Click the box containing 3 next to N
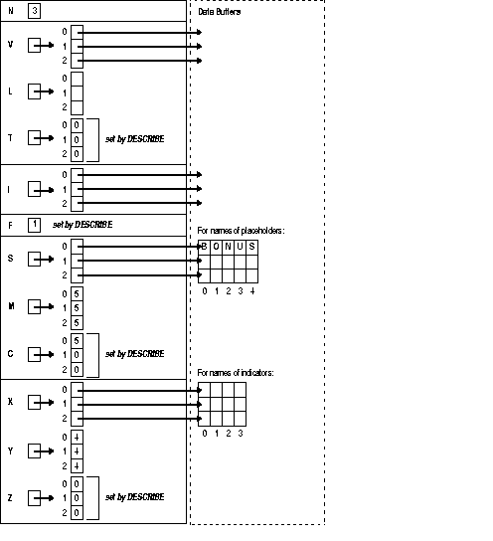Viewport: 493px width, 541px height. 34,13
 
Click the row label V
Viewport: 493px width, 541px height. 10,46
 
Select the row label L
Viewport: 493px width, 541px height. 10,91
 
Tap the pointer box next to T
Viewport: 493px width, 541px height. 34,139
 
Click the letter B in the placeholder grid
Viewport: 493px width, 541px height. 205,246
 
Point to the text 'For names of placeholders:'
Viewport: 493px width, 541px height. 242,230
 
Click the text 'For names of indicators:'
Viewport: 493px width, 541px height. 237,372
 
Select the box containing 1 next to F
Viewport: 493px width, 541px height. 34,224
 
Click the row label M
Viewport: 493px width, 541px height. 10,306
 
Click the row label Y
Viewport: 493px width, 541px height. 10,450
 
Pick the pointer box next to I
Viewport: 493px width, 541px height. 34,188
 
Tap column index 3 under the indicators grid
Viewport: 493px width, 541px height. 241,434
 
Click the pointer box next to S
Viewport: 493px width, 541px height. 34,260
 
